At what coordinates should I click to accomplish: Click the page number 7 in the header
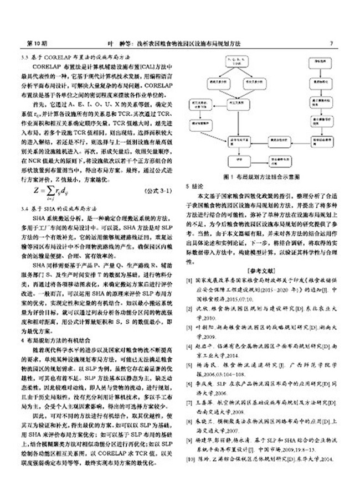click(x=331, y=43)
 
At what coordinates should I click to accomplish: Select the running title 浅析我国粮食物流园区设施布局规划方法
click(x=194, y=43)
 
